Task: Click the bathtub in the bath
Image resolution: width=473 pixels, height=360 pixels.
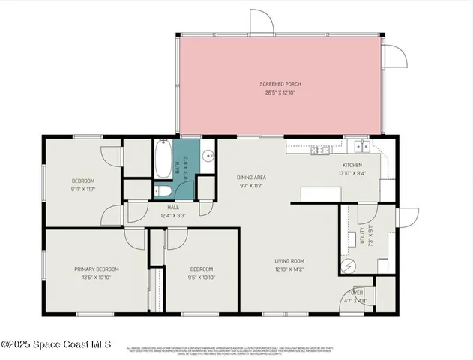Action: [x=163, y=160]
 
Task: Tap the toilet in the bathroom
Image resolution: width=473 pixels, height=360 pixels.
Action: [x=163, y=191]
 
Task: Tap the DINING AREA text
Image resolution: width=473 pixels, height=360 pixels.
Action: [x=252, y=178]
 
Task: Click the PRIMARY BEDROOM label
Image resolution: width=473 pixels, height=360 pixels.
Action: [x=96, y=268]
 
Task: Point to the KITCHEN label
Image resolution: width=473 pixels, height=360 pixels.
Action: [x=352, y=165]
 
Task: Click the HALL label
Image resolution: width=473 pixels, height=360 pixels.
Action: [x=172, y=207]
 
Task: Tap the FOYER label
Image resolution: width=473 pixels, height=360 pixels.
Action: [x=355, y=292]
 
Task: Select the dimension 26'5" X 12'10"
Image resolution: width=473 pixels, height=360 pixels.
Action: [x=280, y=92]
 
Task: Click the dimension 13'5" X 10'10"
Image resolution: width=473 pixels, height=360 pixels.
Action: [x=96, y=277]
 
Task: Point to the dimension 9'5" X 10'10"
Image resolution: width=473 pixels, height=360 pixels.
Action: [x=201, y=277]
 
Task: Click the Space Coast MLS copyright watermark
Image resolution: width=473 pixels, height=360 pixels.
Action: [x=56, y=344]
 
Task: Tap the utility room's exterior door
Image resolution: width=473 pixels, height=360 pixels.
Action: [x=406, y=217]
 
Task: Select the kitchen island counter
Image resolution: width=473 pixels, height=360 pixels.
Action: [x=321, y=194]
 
